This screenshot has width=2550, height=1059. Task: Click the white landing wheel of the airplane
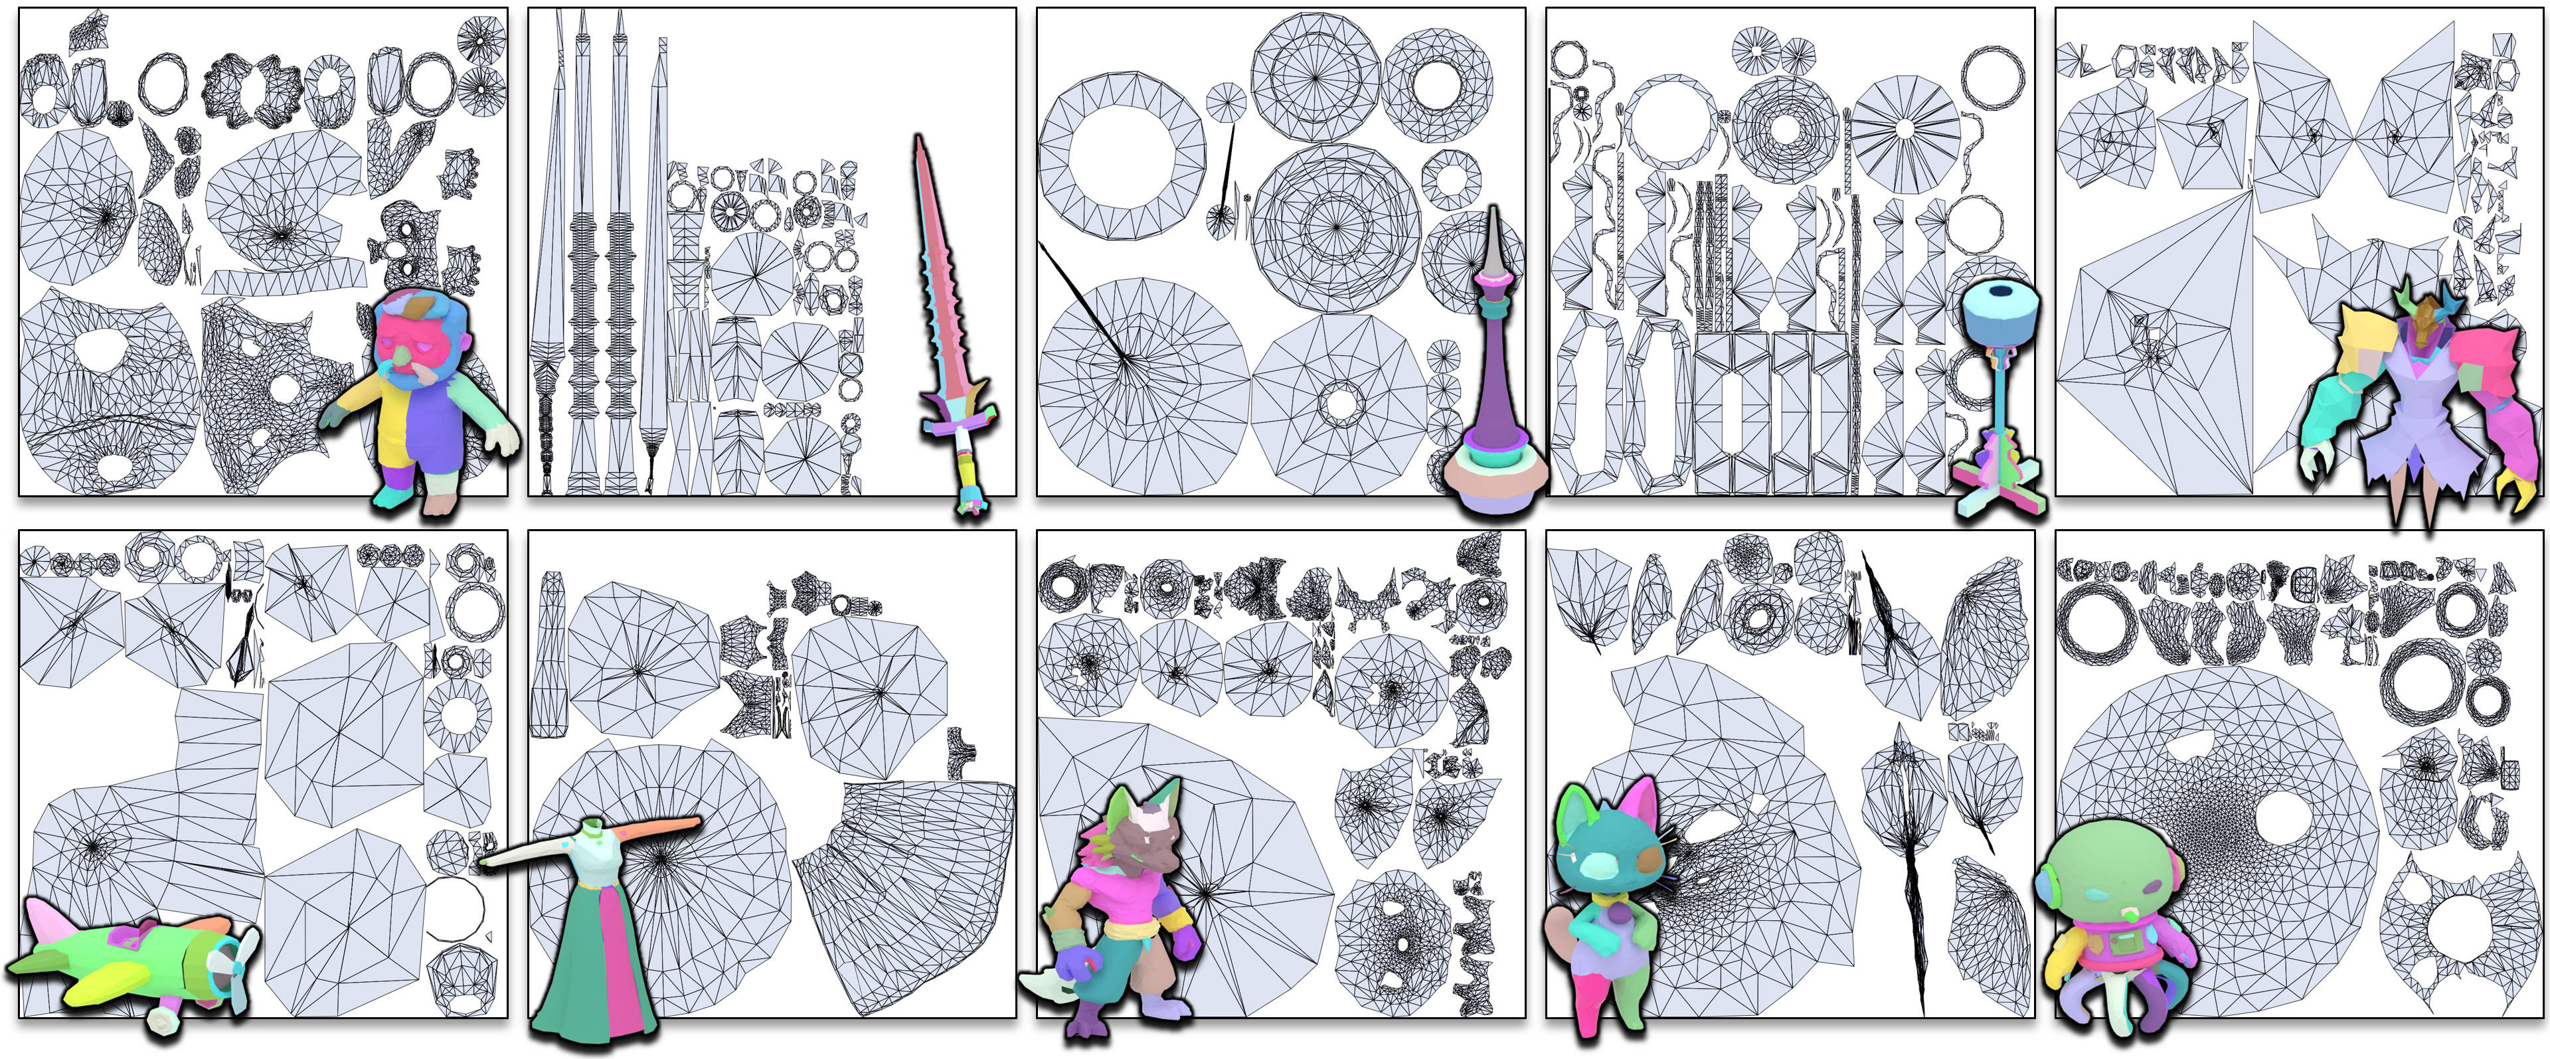click(164, 1018)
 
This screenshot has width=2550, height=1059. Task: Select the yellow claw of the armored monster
click(2518, 487)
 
